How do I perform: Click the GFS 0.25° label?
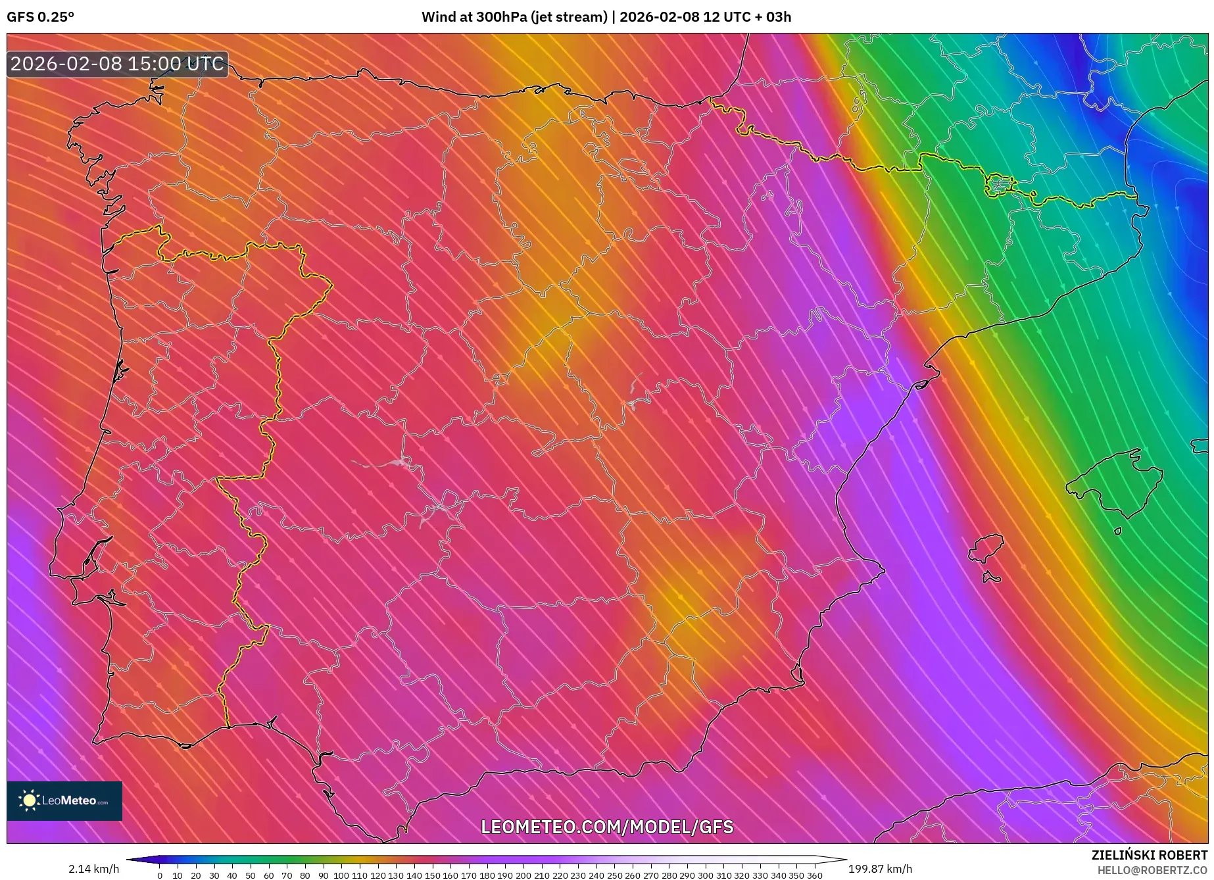coord(40,17)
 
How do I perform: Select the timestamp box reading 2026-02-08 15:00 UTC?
coord(117,64)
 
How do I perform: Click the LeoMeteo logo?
coord(64,800)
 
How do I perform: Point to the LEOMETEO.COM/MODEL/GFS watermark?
coord(606,827)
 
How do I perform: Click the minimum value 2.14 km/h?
coord(93,869)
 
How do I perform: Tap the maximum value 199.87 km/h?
coord(880,869)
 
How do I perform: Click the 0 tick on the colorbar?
coord(160,875)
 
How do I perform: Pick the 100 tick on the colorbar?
coord(341,875)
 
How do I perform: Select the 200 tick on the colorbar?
coord(523,875)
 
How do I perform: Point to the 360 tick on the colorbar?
coord(814,875)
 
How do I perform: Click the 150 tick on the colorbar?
coord(432,875)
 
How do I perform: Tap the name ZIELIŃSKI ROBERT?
coord(1150,855)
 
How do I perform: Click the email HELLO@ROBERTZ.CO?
coord(1152,870)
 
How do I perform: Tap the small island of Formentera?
coord(991,577)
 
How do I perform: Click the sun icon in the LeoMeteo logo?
coord(29,800)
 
